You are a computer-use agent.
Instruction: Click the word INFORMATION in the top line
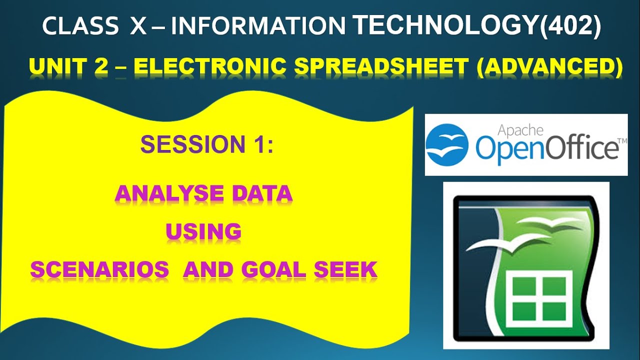pos(259,26)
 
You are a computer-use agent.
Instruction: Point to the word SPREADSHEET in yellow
pos(386,67)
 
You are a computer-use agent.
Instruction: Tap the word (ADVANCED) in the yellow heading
pos(549,67)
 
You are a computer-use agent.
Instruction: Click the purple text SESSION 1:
pos(206,144)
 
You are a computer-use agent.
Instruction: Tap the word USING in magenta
pos(203,231)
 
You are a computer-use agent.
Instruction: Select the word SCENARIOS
pos(99,270)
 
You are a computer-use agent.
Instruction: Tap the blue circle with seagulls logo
pos(447,145)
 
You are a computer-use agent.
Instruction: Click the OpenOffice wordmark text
pos(547,148)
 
